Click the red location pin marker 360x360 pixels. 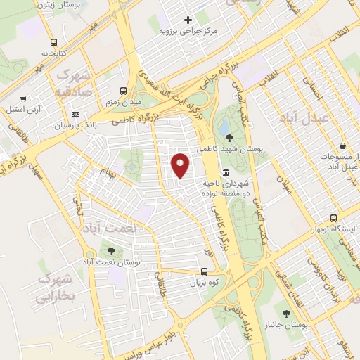(181, 165)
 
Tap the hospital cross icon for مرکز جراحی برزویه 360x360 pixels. (187, 19)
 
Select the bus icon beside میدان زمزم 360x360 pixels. (124, 91)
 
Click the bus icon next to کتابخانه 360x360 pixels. (54, 42)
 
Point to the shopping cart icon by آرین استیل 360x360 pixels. (25, 99)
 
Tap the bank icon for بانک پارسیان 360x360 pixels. (76, 115)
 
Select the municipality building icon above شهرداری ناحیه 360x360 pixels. (226, 172)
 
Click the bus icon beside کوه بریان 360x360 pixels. (204, 271)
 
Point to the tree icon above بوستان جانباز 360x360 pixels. (285, 314)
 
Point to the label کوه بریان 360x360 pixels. (204, 283)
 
